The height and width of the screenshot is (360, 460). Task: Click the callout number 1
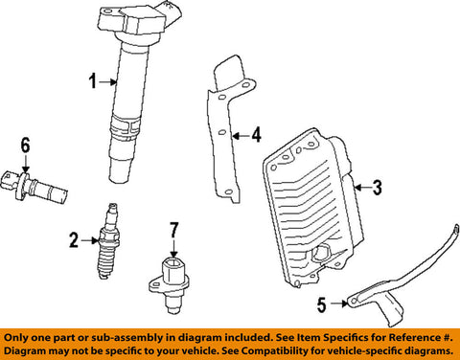tap(93, 81)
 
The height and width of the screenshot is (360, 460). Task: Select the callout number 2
tap(74, 240)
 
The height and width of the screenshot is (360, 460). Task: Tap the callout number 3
tap(378, 188)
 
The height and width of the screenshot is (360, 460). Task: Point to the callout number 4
tap(256, 135)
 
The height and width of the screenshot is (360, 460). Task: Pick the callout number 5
tap(322, 304)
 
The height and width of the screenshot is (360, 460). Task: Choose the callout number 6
tap(26, 146)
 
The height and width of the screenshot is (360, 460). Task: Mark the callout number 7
tap(173, 231)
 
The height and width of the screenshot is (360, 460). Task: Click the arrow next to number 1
tap(108, 82)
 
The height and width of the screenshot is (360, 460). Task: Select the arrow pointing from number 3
tap(362, 188)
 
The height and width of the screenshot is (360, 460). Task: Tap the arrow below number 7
tap(173, 249)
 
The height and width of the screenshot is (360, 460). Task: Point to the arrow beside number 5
tap(339, 304)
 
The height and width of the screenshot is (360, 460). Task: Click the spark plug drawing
tap(109, 241)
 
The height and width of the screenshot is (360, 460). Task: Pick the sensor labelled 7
tap(169, 285)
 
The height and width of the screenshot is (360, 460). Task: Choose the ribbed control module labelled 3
tap(313, 208)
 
